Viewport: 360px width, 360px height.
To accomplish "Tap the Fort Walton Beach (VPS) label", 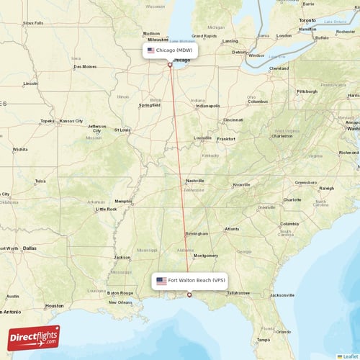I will [x=191, y=280].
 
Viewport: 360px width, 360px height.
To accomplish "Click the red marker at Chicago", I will [x=170, y=65].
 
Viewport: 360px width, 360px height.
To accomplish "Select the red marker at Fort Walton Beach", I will [x=189, y=294].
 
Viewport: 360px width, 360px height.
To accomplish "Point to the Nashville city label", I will [x=195, y=181].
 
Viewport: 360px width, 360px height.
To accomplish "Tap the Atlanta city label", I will [x=232, y=230].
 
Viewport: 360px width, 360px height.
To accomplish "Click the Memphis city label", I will [x=123, y=201].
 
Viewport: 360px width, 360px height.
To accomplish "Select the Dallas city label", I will [x=30, y=248].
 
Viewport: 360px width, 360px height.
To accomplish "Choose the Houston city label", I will [x=54, y=305].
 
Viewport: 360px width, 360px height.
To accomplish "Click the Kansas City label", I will [x=71, y=121].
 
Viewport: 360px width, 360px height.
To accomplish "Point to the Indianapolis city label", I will [x=208, y=106].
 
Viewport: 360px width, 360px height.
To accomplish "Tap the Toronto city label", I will [x=308, y=20].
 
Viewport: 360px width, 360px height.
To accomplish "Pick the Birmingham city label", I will [x=197, y=233].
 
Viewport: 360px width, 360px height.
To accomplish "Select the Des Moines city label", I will [x=84, y=67].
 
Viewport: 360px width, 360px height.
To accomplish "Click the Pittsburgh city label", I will [x=307, y=91].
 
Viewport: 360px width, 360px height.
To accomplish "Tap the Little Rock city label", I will [x=106, y=209].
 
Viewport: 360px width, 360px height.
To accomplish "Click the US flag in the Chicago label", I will [x=150, y=51].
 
